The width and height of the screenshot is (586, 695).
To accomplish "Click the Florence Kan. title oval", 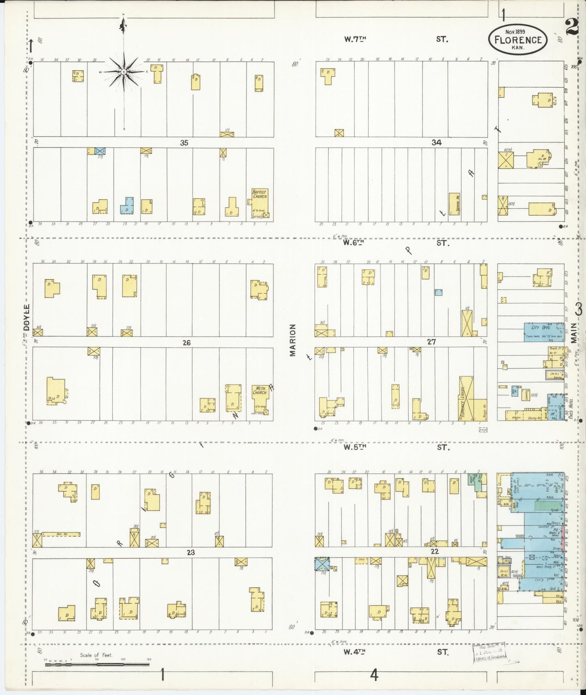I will click(518, 39).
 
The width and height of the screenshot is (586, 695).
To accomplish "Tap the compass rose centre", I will click(123, 72).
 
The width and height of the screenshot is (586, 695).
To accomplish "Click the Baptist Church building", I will click(260, 203).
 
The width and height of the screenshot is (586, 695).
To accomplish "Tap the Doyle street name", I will click(27, 318).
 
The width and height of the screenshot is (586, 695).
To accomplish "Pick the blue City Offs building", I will click(544, 332).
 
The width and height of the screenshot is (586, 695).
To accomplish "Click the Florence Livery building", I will click(466, 398).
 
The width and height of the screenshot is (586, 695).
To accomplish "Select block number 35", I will click(184, 143).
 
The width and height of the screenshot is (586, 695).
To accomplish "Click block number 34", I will click(436, 142).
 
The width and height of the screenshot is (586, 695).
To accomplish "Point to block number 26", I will click(186, 343).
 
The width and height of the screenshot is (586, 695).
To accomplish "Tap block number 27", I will click(431, 342).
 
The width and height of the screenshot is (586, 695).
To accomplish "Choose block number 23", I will click(191, 552).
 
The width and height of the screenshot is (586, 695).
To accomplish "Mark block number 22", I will click(434, 551).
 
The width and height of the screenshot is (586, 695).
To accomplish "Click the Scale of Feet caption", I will click(96, 655).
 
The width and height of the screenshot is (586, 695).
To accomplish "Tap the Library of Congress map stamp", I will click(489, 652).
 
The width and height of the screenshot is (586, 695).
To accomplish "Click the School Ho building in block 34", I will click(454, 204).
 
